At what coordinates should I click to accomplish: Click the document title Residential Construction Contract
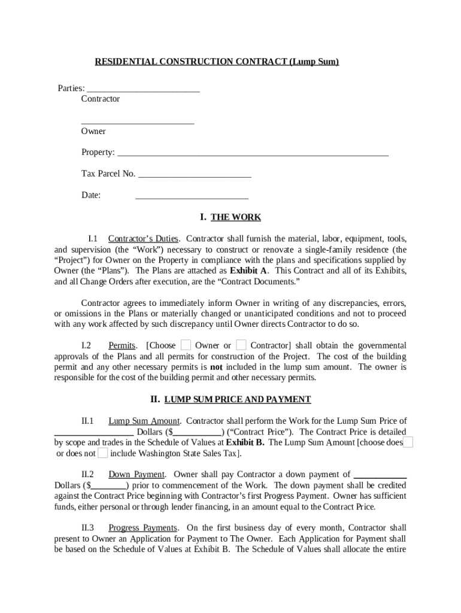(x=217, y=62)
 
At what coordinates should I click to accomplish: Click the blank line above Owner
(x=138, y=123)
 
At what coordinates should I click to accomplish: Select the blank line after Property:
(x=252, y=154)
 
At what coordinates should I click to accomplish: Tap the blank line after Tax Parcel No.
(x=194, y=176)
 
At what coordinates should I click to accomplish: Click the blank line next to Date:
(x=192, y=198)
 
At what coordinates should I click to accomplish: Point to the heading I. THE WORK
(x=230, y=217)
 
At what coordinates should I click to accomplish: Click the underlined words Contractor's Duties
(x=143, y=239)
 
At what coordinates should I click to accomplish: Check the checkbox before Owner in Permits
(x=186, y=345)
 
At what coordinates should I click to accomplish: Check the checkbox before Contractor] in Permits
(x=241, y=345)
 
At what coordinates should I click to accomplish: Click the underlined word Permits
(x=122, y=345)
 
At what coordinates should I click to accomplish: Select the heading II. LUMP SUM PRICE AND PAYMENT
(x=230, y=399)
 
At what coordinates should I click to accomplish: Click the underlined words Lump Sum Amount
(x=144, y=421)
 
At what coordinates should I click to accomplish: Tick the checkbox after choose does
(x=408, y=442)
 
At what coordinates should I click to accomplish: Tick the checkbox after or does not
(x=103, y=453)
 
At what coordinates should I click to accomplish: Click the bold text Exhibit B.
(x=245, y=442)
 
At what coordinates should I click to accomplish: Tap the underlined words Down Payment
(x=136, y=475)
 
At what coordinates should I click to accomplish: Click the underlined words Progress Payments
(x=142, y=528)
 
